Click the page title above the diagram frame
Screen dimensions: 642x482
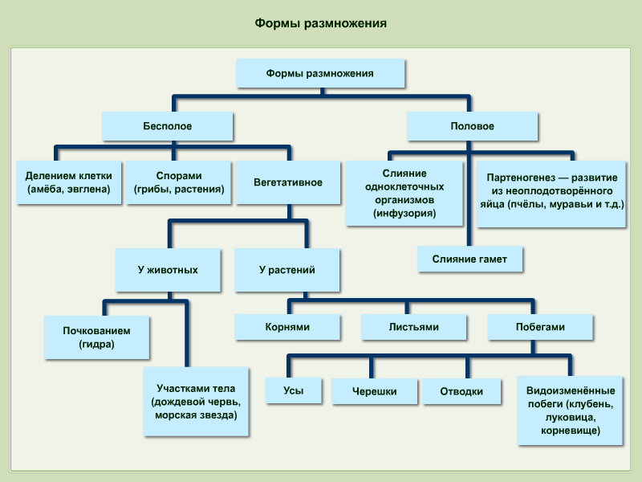(x=320, y=23)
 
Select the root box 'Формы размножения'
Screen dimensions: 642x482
(x=320, y=73)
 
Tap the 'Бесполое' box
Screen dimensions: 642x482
(x=168, y=126)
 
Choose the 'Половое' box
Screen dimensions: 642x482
(x=472, y=126)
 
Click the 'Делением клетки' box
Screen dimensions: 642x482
(x=69, y=182)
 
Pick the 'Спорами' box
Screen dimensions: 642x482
(x=178, y=182)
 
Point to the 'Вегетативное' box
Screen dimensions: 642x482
(x=288, y=182)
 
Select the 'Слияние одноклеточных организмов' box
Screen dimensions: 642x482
(x=404, y=193)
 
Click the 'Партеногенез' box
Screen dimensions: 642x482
(x=551, y=194)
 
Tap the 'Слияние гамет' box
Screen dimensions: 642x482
(x=469, y=259)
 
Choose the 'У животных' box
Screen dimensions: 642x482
(x=168, y=270)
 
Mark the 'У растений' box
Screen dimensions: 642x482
(x=287, y=270)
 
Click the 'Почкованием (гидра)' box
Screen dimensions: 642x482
(x=96, y=337)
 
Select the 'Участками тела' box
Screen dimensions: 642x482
(x=196, y=401)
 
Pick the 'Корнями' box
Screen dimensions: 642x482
(x=287, y=327)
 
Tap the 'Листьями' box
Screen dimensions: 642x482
(x=413, y=327)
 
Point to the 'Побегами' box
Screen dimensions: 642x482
(x=540, y=327)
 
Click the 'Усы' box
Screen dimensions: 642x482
(x=294, y=390)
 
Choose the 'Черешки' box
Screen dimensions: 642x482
(x=374, y=391)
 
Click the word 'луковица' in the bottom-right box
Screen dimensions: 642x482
(x=571, y=417)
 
